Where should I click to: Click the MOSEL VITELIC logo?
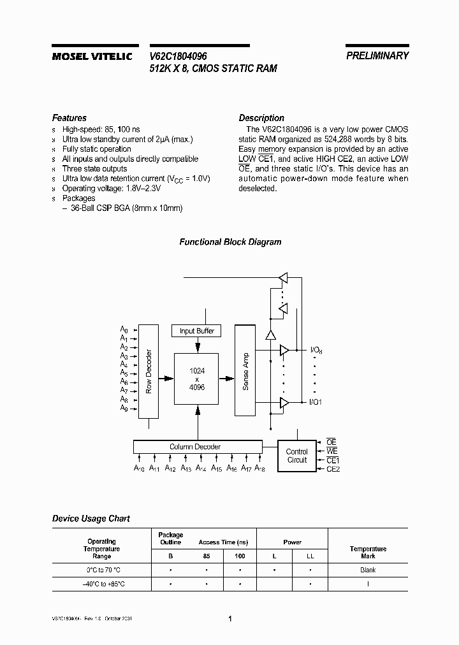[91, 57]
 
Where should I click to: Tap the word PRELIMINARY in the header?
[377, 56]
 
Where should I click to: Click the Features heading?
[69, 118]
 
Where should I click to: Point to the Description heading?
[261, 118]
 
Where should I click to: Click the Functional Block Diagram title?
[230, 242]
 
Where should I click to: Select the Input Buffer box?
[197, 331]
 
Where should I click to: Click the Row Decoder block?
[148, 371]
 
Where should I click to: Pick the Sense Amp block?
[245, 371]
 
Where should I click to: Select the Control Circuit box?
[297, 456]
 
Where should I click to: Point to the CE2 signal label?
[333, 469]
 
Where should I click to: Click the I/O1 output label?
[316, 402]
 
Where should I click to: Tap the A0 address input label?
[124, 330]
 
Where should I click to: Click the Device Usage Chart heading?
[91, 519]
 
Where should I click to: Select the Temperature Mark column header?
[368, 553]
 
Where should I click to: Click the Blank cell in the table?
[368, 570]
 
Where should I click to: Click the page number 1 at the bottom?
[230, 618]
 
